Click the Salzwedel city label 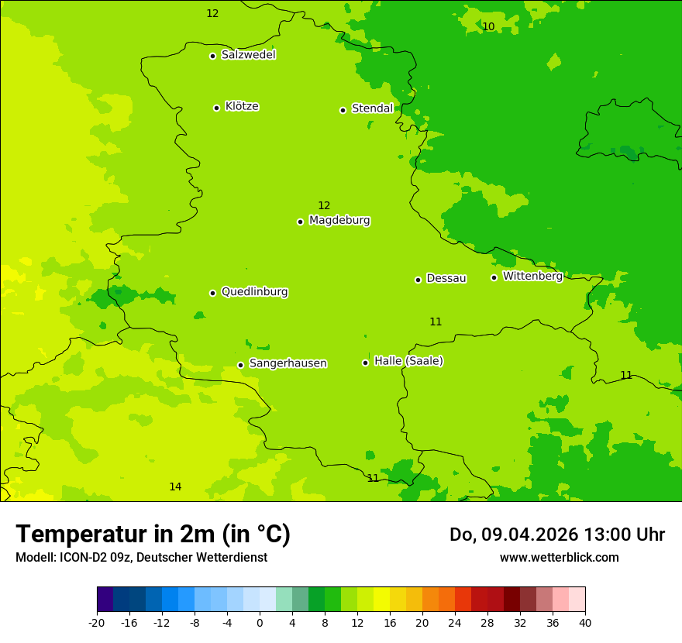[x=248, y=55]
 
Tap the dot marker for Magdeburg [x=300, y=222]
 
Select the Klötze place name [x=242, y=106]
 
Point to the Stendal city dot [x=343, y=110]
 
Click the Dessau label [x=446, y=278]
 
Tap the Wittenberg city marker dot [x=494, y=277]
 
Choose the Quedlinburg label [x=254, y=292]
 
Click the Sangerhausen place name [x=288, y=363]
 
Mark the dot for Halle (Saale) [x=365, y=363]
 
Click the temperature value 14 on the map [x=175, y=487]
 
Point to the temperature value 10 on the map [x=488, y=26]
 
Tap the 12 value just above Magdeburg [x=324, y=205]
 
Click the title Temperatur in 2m [x=153, y=534]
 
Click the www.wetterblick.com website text [x=559, y=557]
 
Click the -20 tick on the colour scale [x=97, y=623]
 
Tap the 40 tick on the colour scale [x=585, y=623]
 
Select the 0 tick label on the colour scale [x=260, y=623]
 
